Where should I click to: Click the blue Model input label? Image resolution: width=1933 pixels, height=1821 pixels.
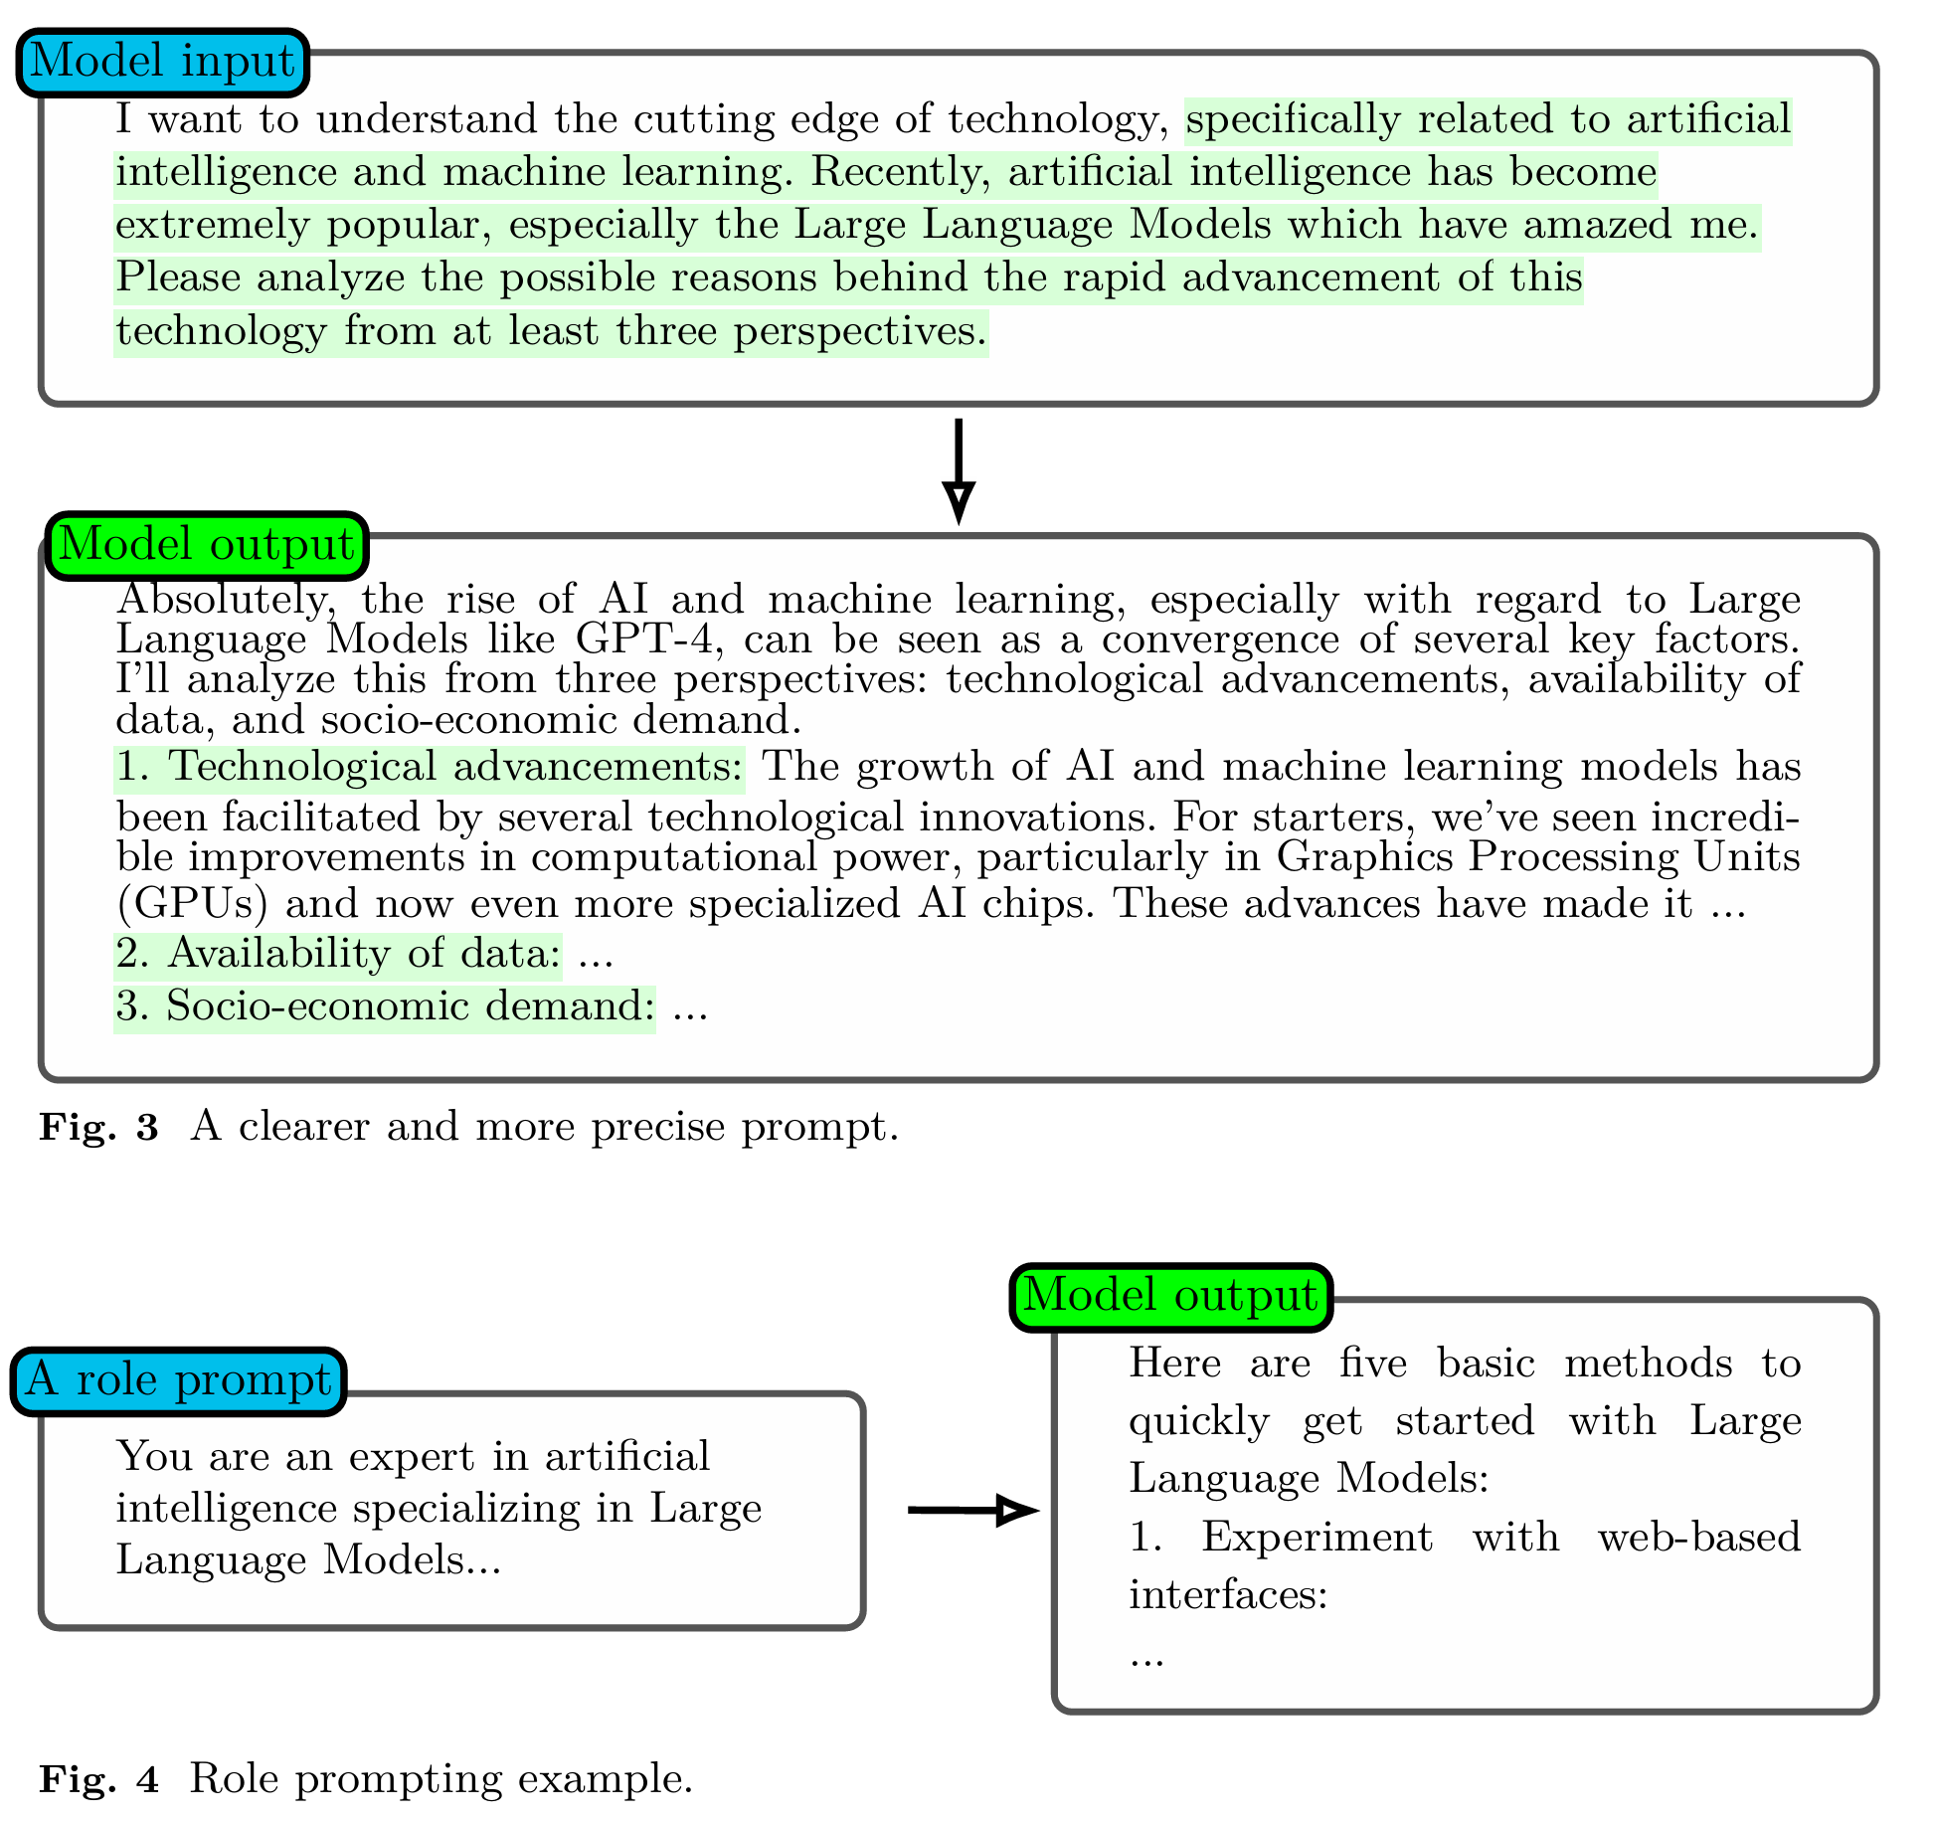click(x=163, y=62)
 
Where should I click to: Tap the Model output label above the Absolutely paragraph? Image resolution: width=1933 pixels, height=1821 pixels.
click(x=207, y=545)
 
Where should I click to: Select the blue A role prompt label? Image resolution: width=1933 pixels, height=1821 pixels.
click(x=179, y=1380)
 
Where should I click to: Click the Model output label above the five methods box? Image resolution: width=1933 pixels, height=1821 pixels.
click(x=1170, y=1297)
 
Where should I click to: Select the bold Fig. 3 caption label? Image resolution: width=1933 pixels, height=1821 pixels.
click(x=98, y=1128)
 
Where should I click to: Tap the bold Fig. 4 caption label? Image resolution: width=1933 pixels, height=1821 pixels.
click(x=98, y=1778)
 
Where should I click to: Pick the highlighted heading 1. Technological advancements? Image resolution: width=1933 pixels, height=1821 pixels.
click(x=430, y=768)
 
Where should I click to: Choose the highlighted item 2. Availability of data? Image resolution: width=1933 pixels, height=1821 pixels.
click(x=338, y=954)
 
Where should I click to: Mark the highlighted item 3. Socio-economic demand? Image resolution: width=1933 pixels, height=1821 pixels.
click(x=385, y=1006)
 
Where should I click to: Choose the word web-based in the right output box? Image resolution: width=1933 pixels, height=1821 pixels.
click(x=1698, y=1538)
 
